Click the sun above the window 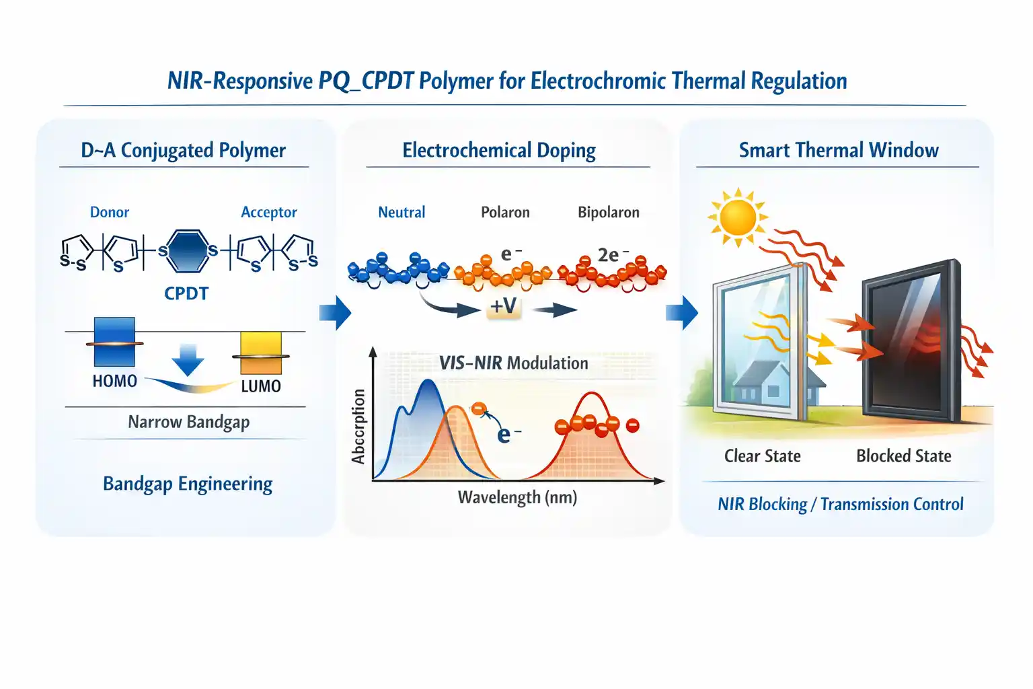pos(738,217)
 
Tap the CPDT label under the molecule pos(186,293)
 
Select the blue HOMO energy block pos(114,342)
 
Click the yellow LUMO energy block pos(261,353)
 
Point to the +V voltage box pos(504,306)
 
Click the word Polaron pos(505,212)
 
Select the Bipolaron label pos(608,212)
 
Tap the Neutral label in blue pos(401,212)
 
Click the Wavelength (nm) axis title pos(517,497)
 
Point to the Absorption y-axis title pos(358,427)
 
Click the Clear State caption pos(762,456)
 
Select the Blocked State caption pos(903,456)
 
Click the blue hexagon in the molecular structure pos(187,252)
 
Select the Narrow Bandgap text pos(188,423)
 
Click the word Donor pos(110,212)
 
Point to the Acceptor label pos(269,212)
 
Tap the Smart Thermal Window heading pos(839,151)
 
